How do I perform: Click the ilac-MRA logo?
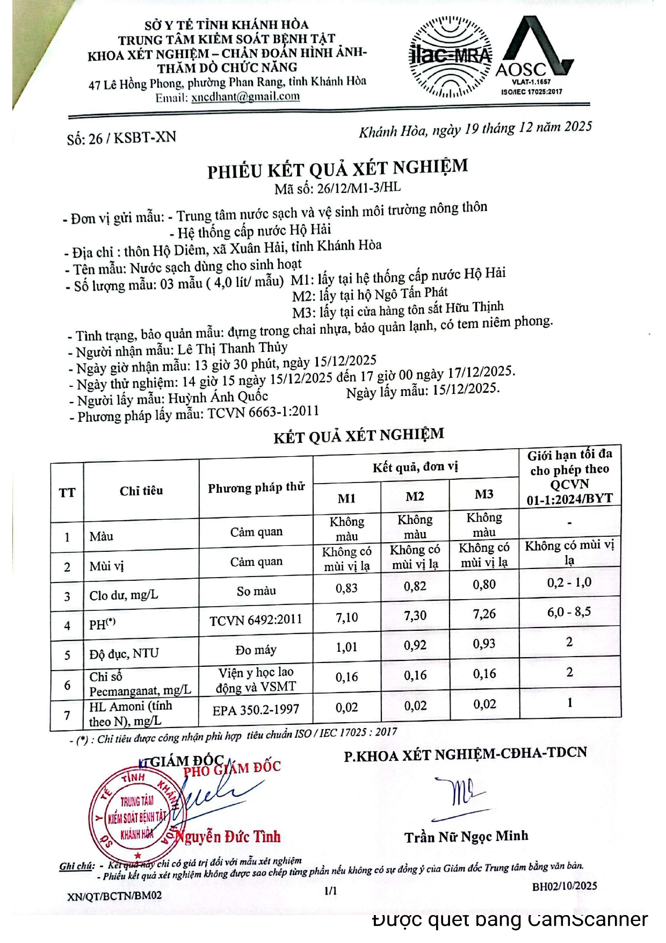point(450,56)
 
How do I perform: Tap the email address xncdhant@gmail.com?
point(245,97)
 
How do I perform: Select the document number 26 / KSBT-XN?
point(121,138)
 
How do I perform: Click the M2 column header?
point(415,496)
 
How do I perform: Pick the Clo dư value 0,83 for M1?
point(346,588)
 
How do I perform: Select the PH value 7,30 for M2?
point(415,615)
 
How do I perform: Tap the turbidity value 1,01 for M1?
point(346,647)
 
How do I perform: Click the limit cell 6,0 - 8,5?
point(569,611)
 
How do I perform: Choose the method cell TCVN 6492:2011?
point(256,620)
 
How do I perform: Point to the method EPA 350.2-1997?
point(256,710)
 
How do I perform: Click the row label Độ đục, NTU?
point(124,653)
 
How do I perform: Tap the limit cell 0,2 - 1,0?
point(569,582)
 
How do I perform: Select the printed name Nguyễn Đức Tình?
point(229,837)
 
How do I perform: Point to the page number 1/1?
point(331,890)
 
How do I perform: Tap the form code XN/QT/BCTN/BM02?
point(114,896)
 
